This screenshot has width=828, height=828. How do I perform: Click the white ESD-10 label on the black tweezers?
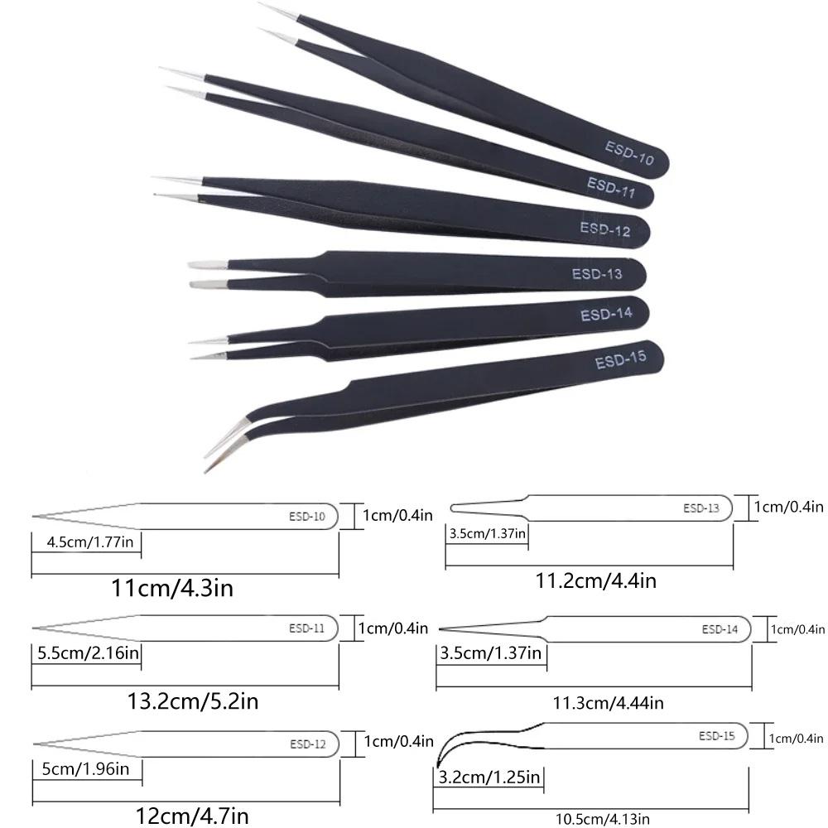628,153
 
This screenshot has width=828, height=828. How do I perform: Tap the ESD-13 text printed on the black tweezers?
596,274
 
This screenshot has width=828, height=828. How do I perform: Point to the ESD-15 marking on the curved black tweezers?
619,361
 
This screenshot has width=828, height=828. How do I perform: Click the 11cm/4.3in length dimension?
171,589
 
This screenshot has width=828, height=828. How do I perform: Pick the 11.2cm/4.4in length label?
596,580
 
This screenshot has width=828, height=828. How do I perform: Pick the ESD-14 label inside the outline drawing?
720,629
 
